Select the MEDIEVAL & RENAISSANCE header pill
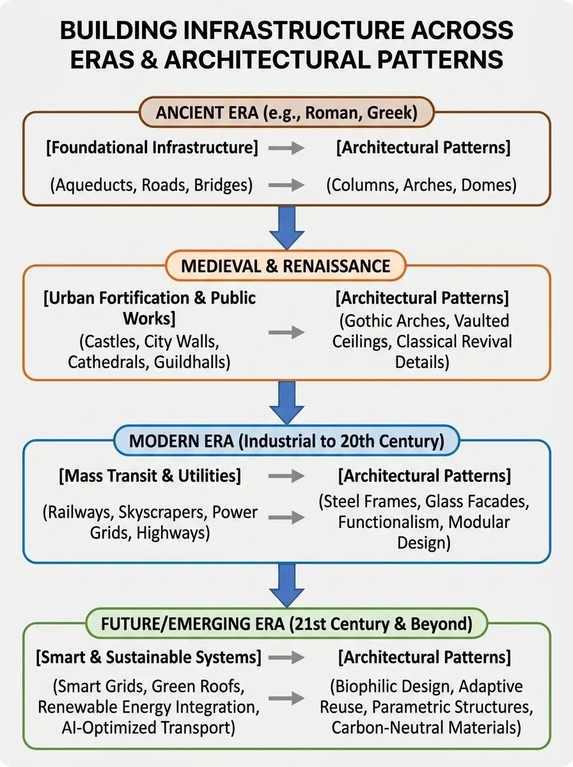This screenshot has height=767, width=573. pyautogui.click(x=286, y=265)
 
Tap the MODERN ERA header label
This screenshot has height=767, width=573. pyautogui.click(x=286, y=442)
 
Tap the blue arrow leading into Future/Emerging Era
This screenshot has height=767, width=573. pyautogui.click(x=286, y=585)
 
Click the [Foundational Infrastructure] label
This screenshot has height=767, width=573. pyautogui.click(x=152, y=148)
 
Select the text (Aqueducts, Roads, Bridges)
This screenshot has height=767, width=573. pyautogui.click(x=151, y=185)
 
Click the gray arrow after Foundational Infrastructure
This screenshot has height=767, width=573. pyautogui.click(x=286, y=148)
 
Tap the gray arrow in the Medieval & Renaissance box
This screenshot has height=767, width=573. pyautogui.click(x=286, y=332)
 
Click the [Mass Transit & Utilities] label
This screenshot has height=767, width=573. pyautogui.click(x=150, y=476)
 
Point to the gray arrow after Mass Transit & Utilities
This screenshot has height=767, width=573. pyautogui.click(x=286, y=476)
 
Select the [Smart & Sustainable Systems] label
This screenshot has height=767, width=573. pyautogui.click(x=149, y=657)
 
